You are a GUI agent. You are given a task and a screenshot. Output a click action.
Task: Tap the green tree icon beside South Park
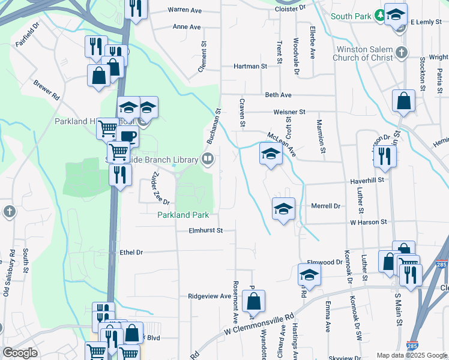pos(379,15)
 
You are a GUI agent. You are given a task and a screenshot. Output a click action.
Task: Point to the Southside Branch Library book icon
pos(208,159)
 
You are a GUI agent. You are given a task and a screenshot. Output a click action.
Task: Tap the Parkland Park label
pos(182,215)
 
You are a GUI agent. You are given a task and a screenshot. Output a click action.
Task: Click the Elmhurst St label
pos(205,230)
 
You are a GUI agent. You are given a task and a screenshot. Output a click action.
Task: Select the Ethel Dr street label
pos(131,253)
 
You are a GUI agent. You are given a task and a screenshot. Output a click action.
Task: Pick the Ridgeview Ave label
pos(209,296)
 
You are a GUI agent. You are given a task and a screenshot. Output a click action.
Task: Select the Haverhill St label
pos(367,179)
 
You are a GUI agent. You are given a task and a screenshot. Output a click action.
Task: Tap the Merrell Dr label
pos(325,206)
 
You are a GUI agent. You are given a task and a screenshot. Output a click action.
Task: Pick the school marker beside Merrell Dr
pos(283,209)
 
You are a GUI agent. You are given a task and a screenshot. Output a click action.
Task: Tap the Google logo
pos(20,353)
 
